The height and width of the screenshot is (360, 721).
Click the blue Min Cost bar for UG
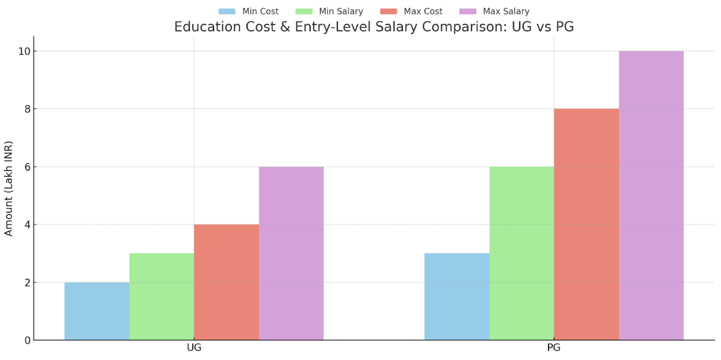point(97,311)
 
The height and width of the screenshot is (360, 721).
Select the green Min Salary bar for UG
point(161,297)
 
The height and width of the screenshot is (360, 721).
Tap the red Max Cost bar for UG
point(226,282)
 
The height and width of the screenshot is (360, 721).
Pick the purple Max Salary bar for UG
point(291,254)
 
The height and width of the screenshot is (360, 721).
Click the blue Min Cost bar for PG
point(457,297)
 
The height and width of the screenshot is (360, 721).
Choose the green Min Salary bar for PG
point(521,254)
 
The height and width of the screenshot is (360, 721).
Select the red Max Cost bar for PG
point(586,225)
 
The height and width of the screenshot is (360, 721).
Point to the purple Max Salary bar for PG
point(651,196)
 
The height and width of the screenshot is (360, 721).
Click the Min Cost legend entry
point(249,12)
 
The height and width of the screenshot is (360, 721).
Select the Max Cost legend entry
point(411,12)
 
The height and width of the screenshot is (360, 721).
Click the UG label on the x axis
point(194,348)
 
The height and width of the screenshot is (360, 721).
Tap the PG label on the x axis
point(554,348)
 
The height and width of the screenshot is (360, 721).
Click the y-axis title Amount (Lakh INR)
point(9,188)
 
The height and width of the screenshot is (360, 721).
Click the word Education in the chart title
point(206,27)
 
